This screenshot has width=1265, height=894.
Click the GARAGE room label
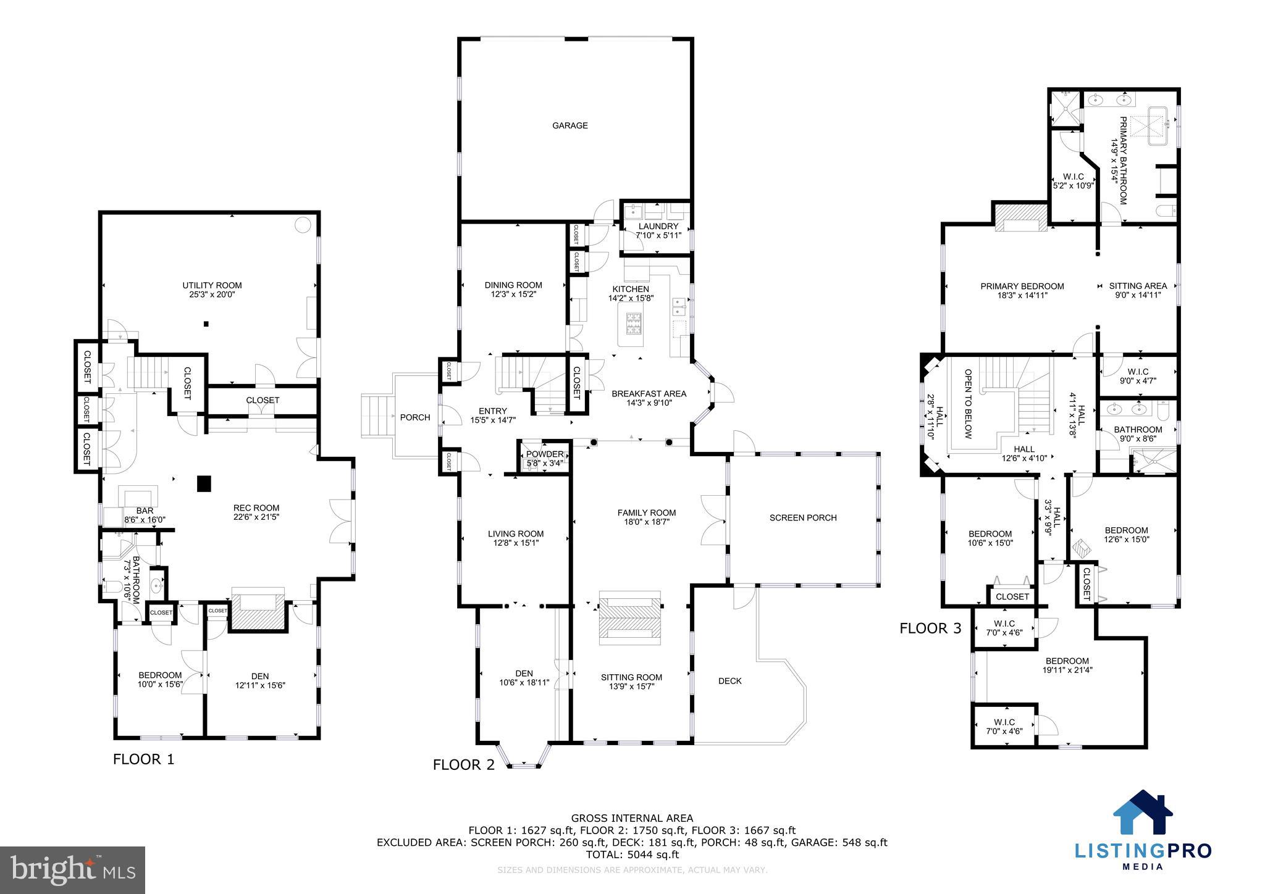coord(569,125)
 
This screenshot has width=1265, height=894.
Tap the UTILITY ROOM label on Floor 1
coord(212,285)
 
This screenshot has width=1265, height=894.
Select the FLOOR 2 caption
coord(463,765)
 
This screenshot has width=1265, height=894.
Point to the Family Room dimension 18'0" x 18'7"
coord(647,522)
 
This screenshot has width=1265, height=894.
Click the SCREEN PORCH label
coord(802,517)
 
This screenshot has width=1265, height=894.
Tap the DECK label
coord(729,681)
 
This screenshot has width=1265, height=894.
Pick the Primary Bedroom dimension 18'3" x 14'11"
coord(1022,296)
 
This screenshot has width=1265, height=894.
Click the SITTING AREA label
coord(1138,286)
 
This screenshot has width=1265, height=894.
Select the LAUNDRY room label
coord(658,227)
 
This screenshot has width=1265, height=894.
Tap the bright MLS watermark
coord(72,869)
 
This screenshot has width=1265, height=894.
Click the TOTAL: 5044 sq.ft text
coord(632,854)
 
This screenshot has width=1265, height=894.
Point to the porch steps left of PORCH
coord(377,417)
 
